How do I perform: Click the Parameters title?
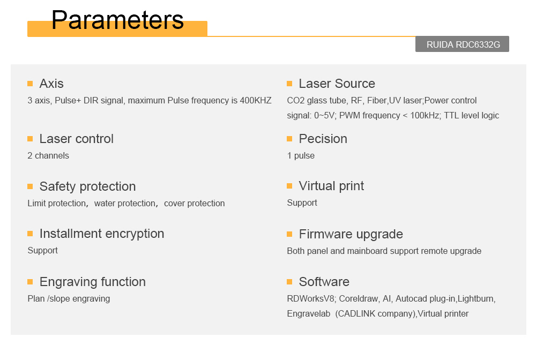117,20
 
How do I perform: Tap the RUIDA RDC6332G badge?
462,44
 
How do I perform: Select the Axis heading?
51,84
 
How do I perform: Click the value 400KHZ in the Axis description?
255,100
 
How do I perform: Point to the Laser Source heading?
337,84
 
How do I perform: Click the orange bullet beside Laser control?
30,139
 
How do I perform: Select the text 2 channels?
48,156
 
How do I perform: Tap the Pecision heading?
323,139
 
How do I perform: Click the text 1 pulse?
301,156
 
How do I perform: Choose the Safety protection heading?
87,186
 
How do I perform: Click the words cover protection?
194,203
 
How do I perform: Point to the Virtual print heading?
331,186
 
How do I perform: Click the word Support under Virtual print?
302,203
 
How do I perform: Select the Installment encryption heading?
102,234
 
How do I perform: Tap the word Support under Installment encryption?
42,251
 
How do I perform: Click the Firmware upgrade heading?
351,234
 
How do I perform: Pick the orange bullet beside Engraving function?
30,282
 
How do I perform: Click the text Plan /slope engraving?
69,299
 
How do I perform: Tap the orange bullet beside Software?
289,282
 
